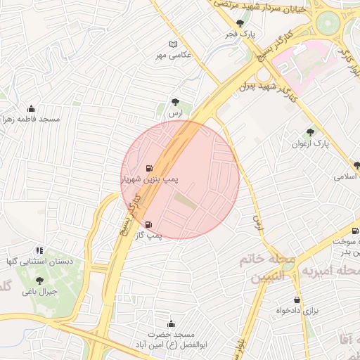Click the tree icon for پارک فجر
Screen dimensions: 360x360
[240, 23]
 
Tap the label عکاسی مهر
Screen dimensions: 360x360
[173, 55]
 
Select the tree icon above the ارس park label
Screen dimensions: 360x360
[175, 102]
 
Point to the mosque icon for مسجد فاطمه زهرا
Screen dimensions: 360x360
[31, 108]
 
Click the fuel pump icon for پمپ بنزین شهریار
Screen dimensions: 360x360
[149, 169]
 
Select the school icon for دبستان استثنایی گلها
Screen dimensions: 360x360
[39, 250]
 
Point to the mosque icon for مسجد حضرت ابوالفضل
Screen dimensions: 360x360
[172, 323]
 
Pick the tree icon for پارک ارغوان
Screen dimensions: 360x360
[310, 132]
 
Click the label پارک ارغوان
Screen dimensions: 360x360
[310, 143]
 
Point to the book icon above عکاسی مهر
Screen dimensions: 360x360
[173, 44]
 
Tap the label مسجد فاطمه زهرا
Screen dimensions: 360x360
[31, 120]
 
